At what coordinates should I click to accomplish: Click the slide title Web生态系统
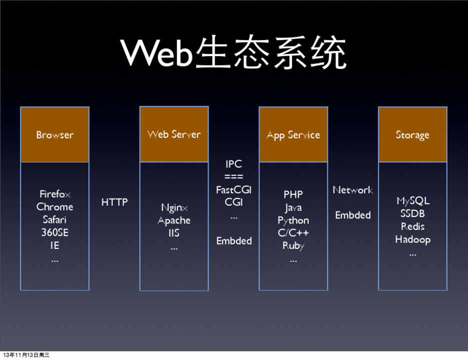click(233, 54)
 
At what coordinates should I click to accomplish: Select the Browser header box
click(54, 134)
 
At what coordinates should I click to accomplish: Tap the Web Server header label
click(174, 134)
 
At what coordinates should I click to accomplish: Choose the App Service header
click(293, 135)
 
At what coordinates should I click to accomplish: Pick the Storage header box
click(412, 135)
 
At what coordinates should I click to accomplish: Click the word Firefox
click(54, 194)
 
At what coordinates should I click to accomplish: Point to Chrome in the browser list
click(54, 207)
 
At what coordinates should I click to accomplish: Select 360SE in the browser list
click(54, 232)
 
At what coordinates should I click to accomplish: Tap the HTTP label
click(114, 202)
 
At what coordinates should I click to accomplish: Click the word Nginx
click(174, 207)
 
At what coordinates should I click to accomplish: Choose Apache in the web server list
click(174, 220)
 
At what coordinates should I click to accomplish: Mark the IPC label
click(233, 164)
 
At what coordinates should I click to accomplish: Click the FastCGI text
click(233, 190)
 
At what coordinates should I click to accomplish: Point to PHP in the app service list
click(293, 194)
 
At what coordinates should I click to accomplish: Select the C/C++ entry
click(293, 233)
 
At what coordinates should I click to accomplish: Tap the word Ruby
click(293, 246)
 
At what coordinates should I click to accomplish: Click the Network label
click(352, 190)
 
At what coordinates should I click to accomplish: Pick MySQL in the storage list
click(412, 201)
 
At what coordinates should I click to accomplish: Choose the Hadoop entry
click(412, 239)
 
